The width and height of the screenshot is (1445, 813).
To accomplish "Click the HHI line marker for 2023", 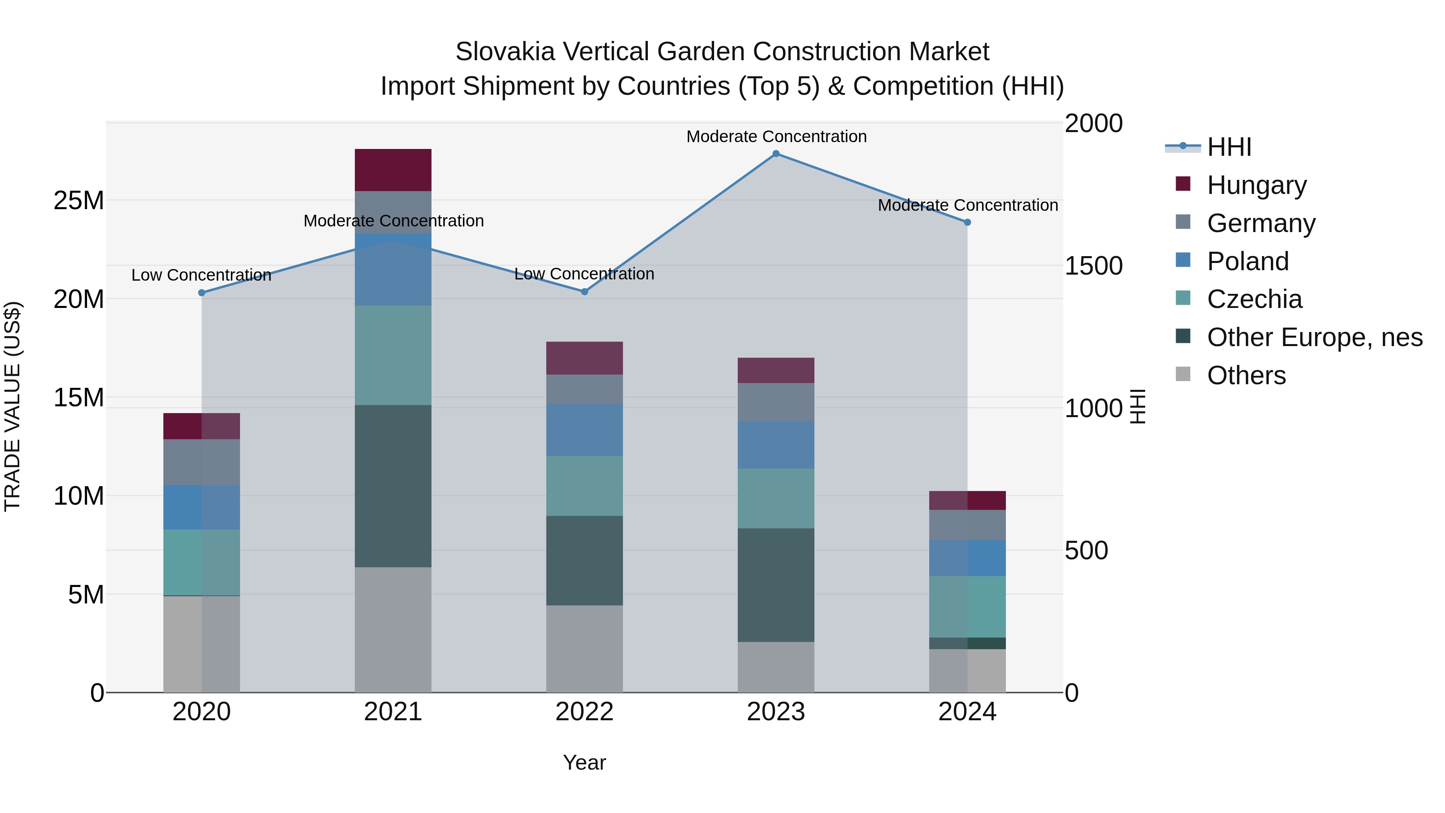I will [x=776, y=154].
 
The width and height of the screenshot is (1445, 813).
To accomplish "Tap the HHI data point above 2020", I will [x=202, y=293].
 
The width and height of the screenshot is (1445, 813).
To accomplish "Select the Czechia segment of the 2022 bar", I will [x=584, y=486].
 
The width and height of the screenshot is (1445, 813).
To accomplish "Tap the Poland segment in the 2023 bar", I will [x=776, y=444].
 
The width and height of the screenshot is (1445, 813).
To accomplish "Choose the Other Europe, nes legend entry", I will [x=1314, y=337].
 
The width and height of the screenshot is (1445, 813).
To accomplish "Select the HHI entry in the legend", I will [x=1229, y=147].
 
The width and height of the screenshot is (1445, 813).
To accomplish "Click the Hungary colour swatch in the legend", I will [x=1182, y=184].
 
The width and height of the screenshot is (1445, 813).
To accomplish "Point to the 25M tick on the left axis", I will [x=79, y=201].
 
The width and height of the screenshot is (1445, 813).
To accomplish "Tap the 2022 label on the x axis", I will [x=584, y=712].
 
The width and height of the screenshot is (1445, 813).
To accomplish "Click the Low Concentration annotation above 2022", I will [x=584, y=274].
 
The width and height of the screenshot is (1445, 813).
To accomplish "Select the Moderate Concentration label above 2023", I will [x=776, y=137].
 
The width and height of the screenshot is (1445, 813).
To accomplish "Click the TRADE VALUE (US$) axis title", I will [x=12, y=406].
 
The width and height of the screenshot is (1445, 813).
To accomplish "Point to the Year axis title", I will [x=584, y=762].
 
